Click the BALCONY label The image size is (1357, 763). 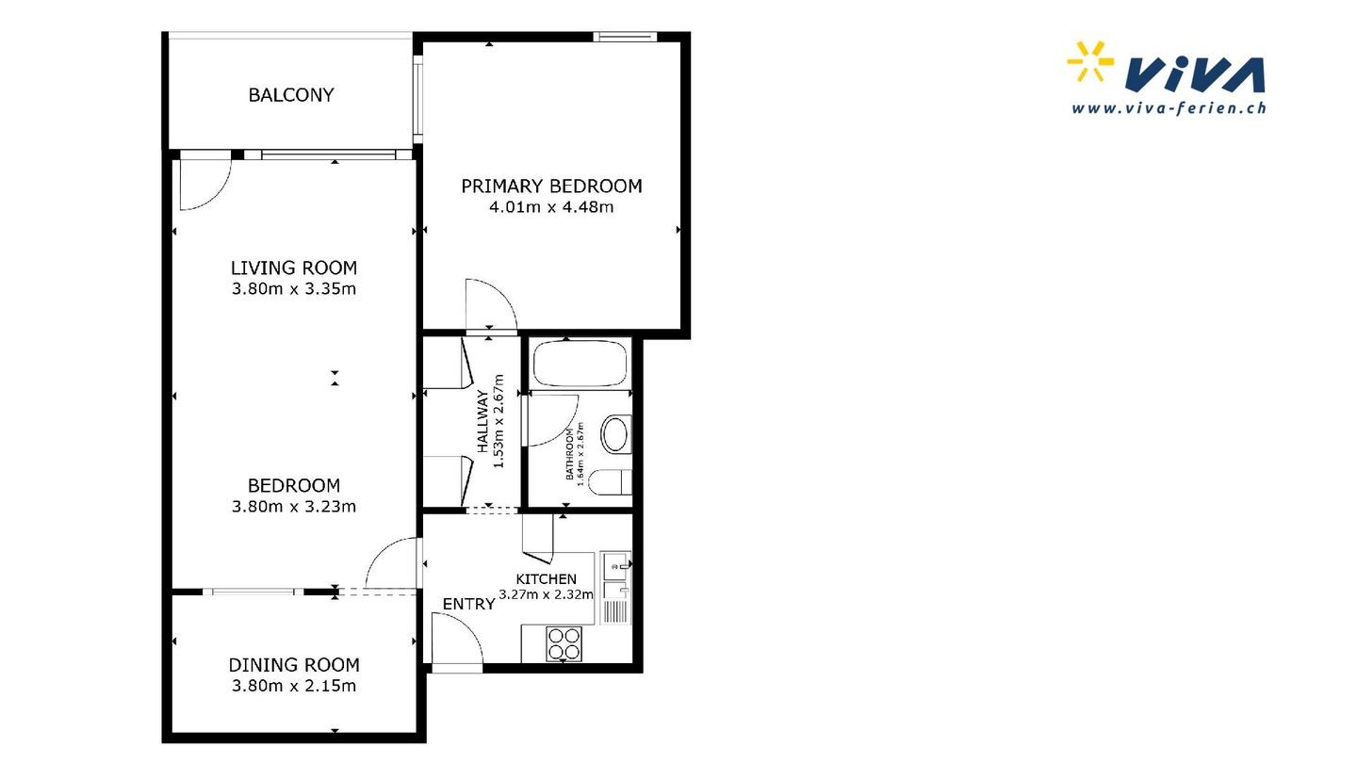(x=291, y=95)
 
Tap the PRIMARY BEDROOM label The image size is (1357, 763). (x=551, y=186)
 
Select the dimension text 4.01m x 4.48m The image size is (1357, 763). (x=551, y=207)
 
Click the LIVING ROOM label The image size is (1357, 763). (x=294, y=268)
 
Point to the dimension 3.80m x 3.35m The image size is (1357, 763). (x=294, y=289)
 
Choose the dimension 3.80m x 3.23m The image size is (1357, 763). (x=294, y=506)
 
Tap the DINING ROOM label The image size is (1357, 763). (x=294, y=665)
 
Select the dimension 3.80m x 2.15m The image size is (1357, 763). (x=294, y=686)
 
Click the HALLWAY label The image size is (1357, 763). (x=482, y=421)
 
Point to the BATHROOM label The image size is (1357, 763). (x=569, y=454)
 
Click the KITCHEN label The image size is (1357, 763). (x=546, y=579)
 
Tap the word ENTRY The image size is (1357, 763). (x=468, y=604)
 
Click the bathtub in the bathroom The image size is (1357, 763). (x=580, y=364)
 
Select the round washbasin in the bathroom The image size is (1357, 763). (x=615, y=433)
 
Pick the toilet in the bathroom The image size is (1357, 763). (x=610, y=482)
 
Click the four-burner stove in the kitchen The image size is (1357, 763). (x=564, y=643)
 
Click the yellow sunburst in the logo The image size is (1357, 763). (x=1089, y=61)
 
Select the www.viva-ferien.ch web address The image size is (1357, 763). (x=1169, y=108)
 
